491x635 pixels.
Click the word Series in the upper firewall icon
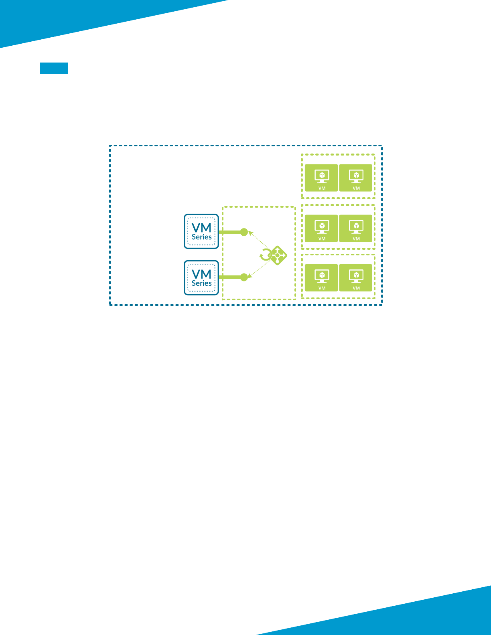coord(201,237)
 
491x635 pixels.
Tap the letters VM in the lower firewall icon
coord(201,274)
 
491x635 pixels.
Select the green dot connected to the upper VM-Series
coord(244,232)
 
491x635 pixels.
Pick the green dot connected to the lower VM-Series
coord(244,277)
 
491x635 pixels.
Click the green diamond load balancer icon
coord(278,255)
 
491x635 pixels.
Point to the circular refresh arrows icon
coord(265,255)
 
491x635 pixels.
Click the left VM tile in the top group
coord(321,178)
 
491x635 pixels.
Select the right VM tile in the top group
coord(356,178)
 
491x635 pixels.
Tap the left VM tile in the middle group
coord(321,229)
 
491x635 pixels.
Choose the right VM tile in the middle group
coord(356,229)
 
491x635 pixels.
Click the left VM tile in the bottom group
coord(321,278)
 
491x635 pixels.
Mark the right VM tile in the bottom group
coord(356,278)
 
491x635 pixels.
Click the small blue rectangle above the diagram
coord(54,68)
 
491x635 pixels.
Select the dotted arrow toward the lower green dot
coord(259,269)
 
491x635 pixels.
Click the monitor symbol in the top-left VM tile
coord(322,176)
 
